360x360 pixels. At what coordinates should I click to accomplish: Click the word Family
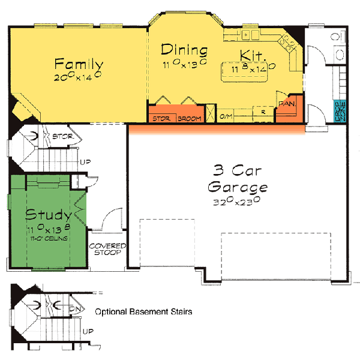tap(79, 64)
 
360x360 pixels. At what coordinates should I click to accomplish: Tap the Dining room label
tap(184, 50)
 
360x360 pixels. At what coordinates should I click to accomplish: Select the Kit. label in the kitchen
tap(253, 56)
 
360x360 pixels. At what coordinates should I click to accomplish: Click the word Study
tap(49, 214)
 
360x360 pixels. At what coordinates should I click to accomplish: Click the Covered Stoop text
tap(107, 249)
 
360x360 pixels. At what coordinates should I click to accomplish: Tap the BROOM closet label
tap(190, 118)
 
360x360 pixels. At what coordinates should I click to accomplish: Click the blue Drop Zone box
tap(340, 112)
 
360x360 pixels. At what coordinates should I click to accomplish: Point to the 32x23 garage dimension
tap(236, 202)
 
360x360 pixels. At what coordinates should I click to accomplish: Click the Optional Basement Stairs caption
tap(143, 312)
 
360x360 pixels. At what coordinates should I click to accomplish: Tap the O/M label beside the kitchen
tap(226, 116)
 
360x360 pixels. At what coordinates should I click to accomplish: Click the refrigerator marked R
tap(263, 112)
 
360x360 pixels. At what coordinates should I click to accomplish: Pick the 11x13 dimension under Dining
tap(184, 62)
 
